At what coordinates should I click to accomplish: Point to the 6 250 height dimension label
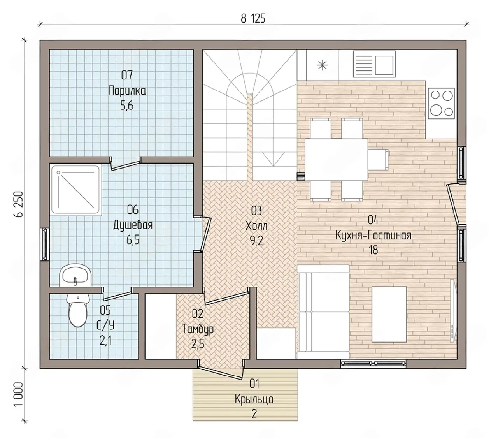(x=19, y=204)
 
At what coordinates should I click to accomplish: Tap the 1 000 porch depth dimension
(x=19, y=398)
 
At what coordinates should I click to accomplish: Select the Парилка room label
(x=127, y=91)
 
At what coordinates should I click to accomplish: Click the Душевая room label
(x=133, y=225)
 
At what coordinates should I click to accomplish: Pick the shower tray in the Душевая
(x=76, y=190)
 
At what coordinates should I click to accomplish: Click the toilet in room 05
(x=78, y=310)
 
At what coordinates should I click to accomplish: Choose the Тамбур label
(x=198, y=329)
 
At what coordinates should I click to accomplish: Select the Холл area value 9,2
(x=256, y=241)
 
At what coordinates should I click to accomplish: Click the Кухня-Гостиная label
(x=373, y=236)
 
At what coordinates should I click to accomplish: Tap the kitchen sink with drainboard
(x=374, y=63)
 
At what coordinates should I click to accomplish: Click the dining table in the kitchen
(x=336, y=159)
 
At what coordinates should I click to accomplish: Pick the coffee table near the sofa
(x=389, y=314)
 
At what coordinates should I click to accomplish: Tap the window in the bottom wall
(x=373, y=362)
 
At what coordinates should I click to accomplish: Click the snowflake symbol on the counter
(x=322, y=65)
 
